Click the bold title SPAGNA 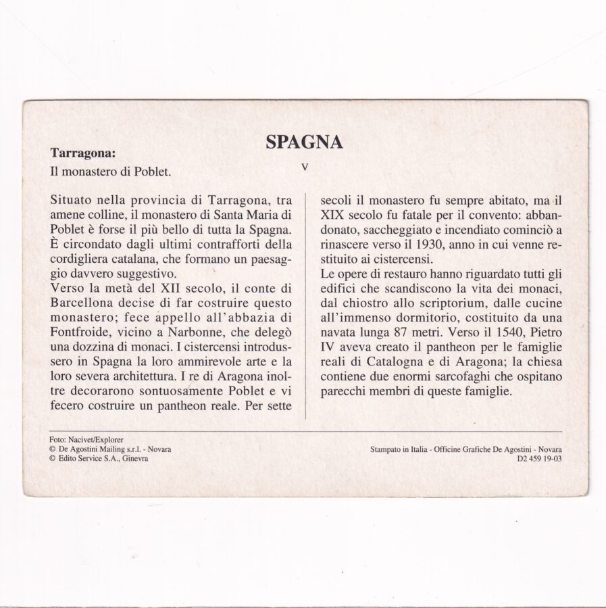click(304, 141)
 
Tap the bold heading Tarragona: click(82, 153)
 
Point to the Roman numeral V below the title click(305, 166)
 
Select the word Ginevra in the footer click(134, 457)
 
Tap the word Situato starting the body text click(74, 201)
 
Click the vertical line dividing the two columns click(306, 304)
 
